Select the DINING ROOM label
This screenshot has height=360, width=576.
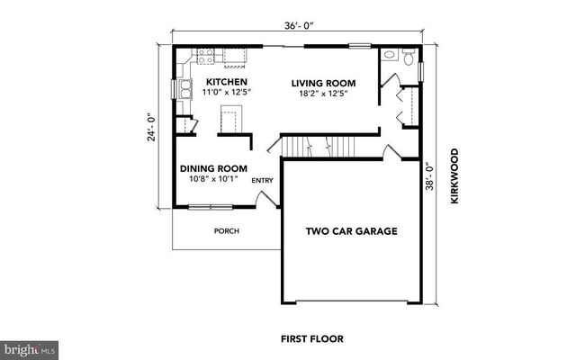pyautogui.click(x=213, y=168)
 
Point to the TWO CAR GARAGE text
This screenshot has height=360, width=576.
pyautogui.click(x=352, y=231)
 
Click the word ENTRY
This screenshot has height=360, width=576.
pyautogui.click(x=262, y=181)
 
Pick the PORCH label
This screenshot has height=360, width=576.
pyautogui.click(x=226, y=231)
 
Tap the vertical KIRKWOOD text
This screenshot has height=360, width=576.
pyautogui.click(x=454, y=176)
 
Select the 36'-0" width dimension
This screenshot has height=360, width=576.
pyautogui.click(x=299, y=27)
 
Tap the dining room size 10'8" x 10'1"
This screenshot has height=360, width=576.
pyautogui.click(x=213, y=178)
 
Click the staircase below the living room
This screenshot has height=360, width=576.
pyautogui.click(x=319, y=145)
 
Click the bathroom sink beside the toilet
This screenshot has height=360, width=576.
pyautogui.click(x=390, y=56)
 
